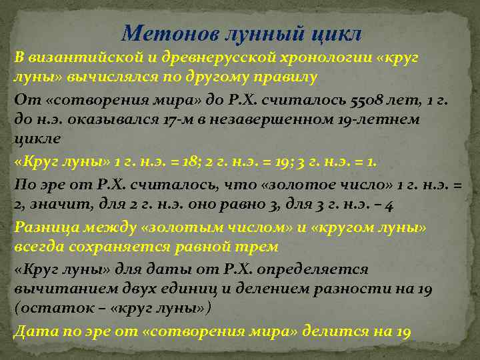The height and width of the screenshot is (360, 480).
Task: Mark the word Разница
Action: tap(44, 227)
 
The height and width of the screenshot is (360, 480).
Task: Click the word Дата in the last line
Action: tap(32, 331)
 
